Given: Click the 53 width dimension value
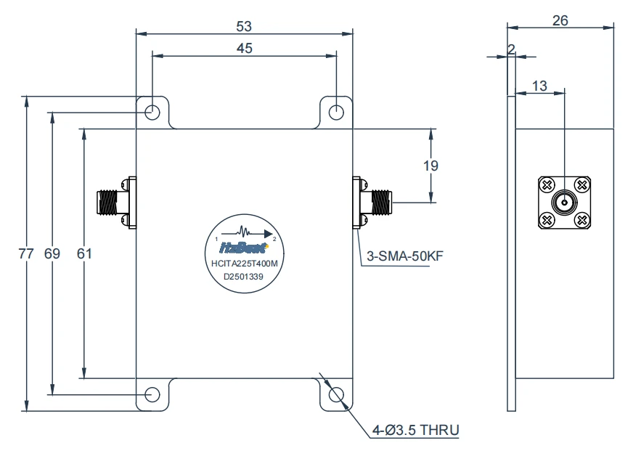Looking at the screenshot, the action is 244,27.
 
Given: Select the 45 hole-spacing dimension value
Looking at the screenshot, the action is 245,48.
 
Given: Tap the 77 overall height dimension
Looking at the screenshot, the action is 25,253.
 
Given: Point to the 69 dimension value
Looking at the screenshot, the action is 52,253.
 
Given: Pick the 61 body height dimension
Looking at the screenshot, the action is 84,253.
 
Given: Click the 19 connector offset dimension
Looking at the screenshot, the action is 430,166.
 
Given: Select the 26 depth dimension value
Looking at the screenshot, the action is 560,20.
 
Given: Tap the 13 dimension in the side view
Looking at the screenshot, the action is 539,86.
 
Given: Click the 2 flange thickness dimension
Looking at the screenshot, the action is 511,49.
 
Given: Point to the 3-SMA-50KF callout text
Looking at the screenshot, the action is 405,256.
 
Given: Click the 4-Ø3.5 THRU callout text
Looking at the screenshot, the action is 416,430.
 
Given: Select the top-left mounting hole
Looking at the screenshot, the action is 152,113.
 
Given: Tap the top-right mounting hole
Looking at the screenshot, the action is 336,113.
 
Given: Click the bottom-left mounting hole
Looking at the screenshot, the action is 152,395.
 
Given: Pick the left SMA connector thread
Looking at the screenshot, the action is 107,203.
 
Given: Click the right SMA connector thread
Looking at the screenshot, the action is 381,203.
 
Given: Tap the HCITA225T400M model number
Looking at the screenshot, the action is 245,264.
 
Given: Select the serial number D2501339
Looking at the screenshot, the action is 243,277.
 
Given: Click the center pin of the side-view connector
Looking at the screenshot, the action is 564,203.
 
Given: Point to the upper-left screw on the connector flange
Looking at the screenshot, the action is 547,185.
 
